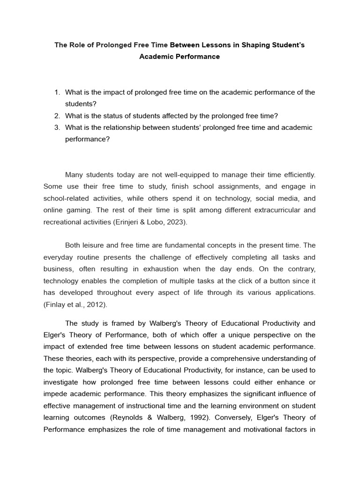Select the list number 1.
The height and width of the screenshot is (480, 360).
(x=57, y=92)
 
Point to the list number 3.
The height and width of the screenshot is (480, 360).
(x=57, y=127)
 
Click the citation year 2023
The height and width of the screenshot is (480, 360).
(x=176, y=222)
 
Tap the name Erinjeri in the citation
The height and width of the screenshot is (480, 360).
(x=126, y=222)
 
